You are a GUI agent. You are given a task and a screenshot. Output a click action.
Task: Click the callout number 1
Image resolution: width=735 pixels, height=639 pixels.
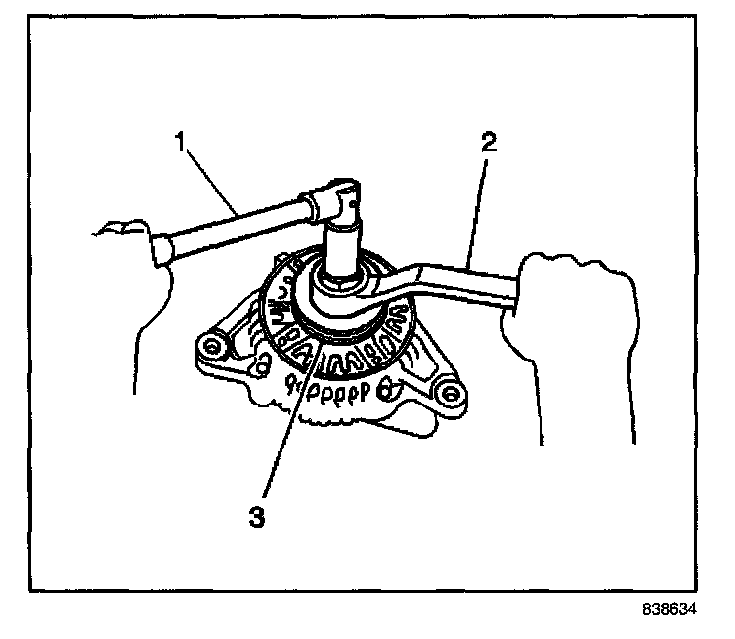pos(181,140)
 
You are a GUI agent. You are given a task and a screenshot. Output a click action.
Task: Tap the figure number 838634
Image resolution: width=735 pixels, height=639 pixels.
pos(668,607)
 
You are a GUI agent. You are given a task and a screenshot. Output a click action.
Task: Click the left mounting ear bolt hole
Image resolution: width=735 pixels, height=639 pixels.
pos(207,347)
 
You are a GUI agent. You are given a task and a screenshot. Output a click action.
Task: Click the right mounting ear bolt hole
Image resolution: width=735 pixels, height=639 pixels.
pos(450,394)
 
